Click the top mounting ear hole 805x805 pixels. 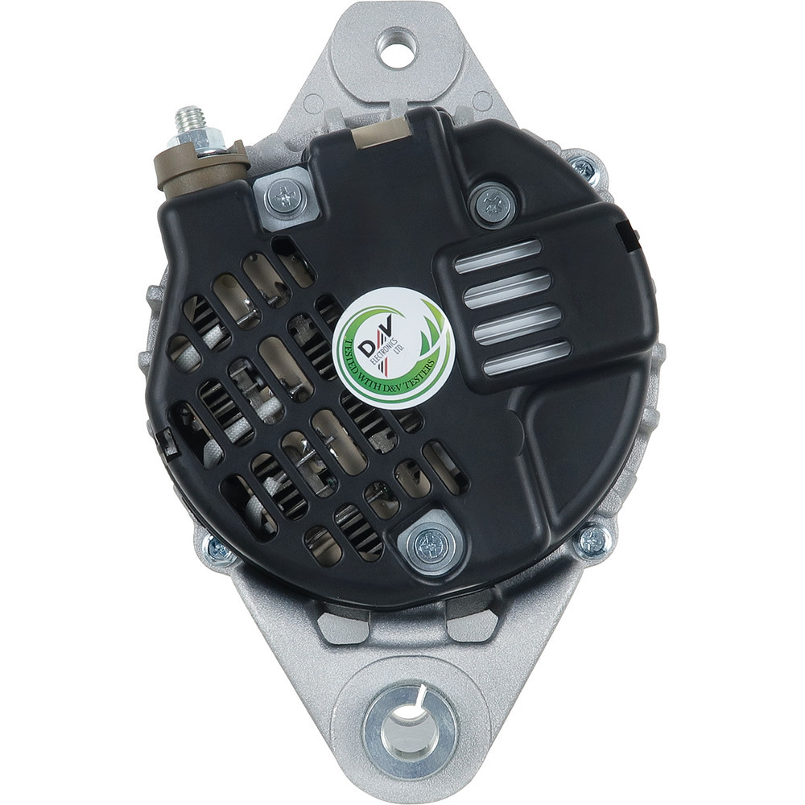[x=397, y=47]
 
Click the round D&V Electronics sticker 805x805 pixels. [x=394, y=349]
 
